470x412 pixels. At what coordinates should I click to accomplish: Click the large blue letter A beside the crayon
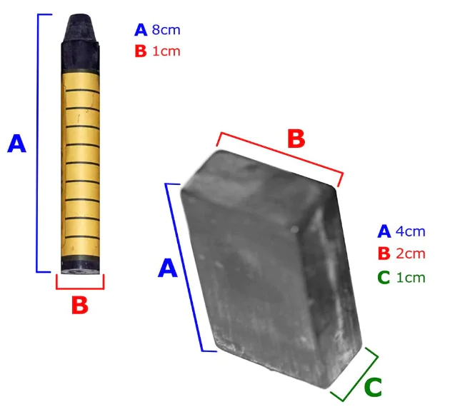[17, 144]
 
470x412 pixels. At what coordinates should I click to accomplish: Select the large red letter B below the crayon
[80, 305]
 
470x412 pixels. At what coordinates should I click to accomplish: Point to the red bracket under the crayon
[80, 288]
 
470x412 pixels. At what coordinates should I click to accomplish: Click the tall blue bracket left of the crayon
[37, 144]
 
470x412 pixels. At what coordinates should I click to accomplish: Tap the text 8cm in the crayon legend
[166, 30]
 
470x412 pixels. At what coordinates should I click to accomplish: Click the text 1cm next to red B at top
[166, 51]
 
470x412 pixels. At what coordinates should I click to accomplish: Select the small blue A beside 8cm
[141, 30]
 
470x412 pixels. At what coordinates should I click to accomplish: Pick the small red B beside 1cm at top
[141, 51]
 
